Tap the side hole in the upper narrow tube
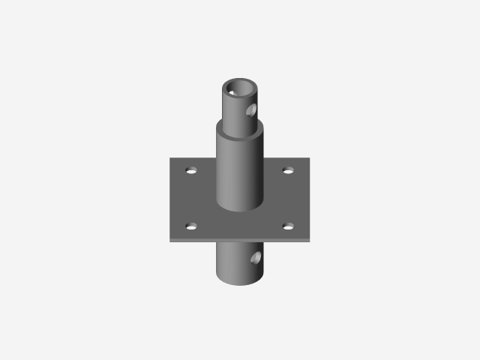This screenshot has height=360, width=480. coord(251,111)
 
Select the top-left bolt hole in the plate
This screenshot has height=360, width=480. coord(191,170)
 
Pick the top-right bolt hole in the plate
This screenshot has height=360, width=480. coord(288,170)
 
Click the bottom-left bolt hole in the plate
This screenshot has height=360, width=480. coord(190,226)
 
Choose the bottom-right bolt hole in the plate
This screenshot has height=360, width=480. coord(289,225)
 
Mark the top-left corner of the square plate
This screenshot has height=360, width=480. coord(170,158)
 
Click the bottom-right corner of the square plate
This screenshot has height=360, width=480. coord(310,239)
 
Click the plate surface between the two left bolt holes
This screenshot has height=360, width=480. coord(191,198)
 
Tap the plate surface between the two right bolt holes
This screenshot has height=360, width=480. coord(289,198)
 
